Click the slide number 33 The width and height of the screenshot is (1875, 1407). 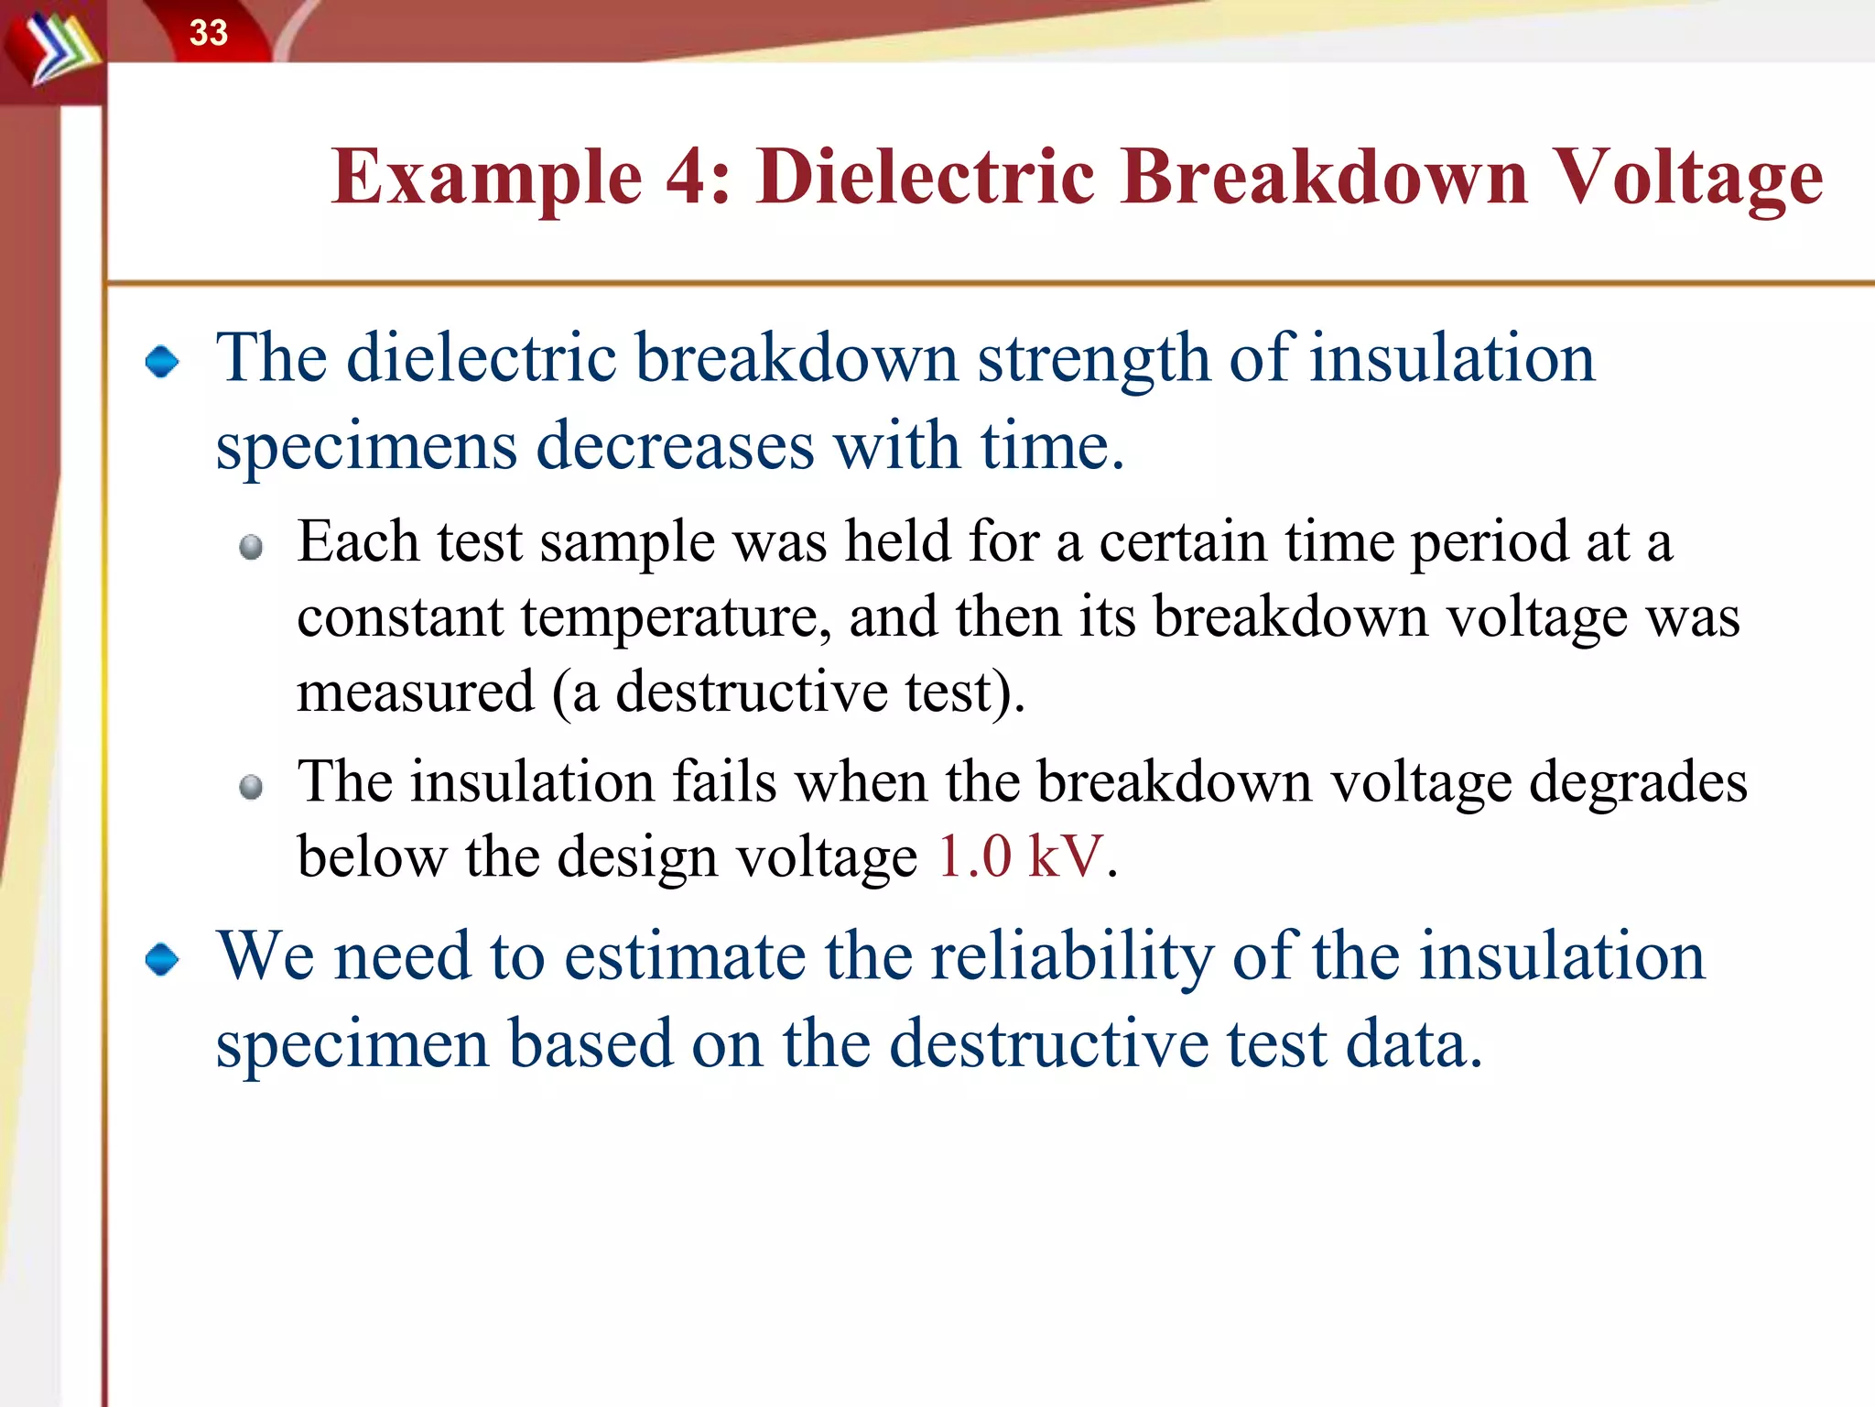208,33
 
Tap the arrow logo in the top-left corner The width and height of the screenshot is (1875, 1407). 57,51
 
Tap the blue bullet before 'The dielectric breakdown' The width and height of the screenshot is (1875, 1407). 163,362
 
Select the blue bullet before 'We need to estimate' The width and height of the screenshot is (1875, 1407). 163,960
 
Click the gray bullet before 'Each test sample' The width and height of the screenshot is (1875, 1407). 251,548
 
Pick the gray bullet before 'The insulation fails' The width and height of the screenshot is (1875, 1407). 251,788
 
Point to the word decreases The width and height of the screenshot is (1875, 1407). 675,447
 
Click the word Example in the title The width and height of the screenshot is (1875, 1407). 486,178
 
